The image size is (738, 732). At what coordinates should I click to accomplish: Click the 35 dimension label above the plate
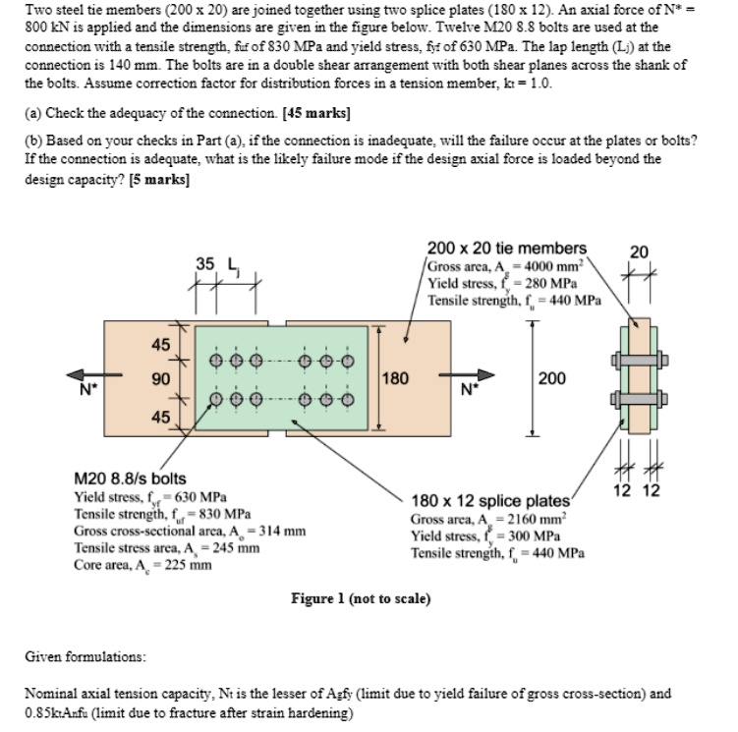click(x=205, y=263)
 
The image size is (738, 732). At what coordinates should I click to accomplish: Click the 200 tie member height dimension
click(x=552, y=378)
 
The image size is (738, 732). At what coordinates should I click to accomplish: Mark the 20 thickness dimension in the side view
click(x=639, y=253)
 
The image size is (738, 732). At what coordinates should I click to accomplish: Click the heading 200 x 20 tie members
click(x=507, y=249)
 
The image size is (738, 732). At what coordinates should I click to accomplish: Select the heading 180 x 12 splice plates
click(x=491, y=501)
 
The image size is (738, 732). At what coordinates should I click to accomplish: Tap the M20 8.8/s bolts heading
click(x=131, y=479)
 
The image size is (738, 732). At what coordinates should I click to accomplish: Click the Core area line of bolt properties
click(x=143, y=564)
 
